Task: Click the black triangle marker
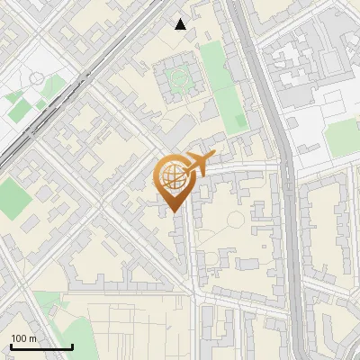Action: [x=181, y=24]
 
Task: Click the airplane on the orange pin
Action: [x=198, y=163]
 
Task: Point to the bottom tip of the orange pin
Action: [x=173, y=212]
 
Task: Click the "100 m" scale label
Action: [x=24, y=338]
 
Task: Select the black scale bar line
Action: [x=41, y=346]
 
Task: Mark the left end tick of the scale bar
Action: [x=11, y=346]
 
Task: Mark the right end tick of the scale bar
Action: [x=72, y=346]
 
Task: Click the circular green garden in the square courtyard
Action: [x=179, y=78]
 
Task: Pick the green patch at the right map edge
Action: [x=342, y=137]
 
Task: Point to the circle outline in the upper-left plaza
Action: [x=36, y=79]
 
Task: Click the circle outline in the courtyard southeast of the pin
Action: [x=236, y=219]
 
